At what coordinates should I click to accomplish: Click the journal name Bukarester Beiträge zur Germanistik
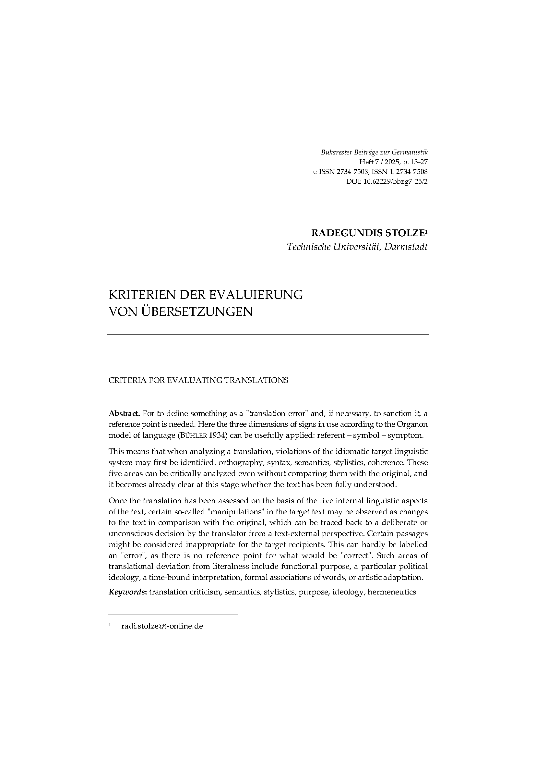coord(374,153)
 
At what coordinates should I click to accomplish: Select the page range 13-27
coord(418,162)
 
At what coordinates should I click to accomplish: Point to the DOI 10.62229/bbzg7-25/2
coord(395,181)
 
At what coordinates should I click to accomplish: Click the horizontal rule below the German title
coord(268,335)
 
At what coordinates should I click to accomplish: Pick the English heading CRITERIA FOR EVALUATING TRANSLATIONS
coord(198,380)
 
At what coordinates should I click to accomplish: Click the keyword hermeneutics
coord(391,592)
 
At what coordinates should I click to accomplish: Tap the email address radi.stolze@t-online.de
coord(162,626)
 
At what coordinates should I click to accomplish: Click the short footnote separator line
coord(173,615)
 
